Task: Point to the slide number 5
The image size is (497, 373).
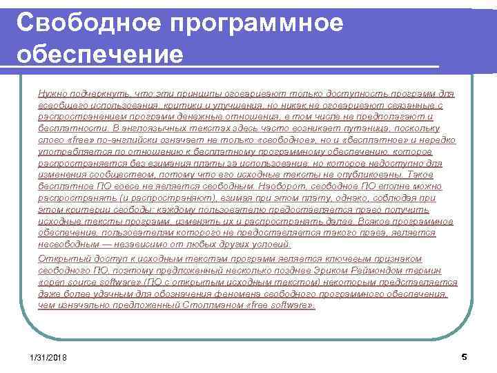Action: pyautogui.click(x=464, y=356)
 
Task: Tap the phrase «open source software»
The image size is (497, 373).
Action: pyautogui.click(x=83, y=281)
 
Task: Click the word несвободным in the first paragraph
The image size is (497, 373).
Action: pyautogui.click(x=65, y=245)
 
